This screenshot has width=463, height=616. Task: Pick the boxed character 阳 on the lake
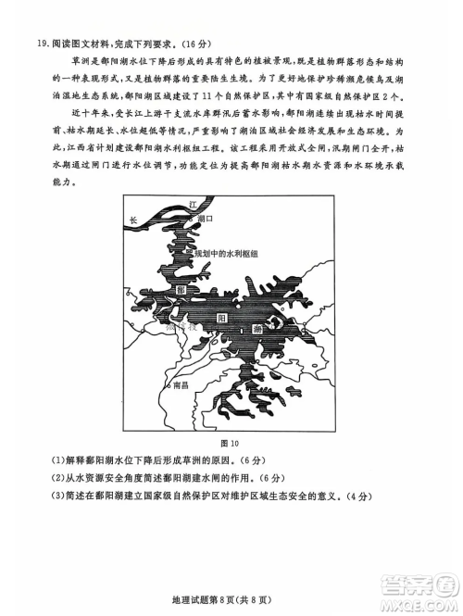click(222, 317)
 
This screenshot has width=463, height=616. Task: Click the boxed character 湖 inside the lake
click(256, 328)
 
